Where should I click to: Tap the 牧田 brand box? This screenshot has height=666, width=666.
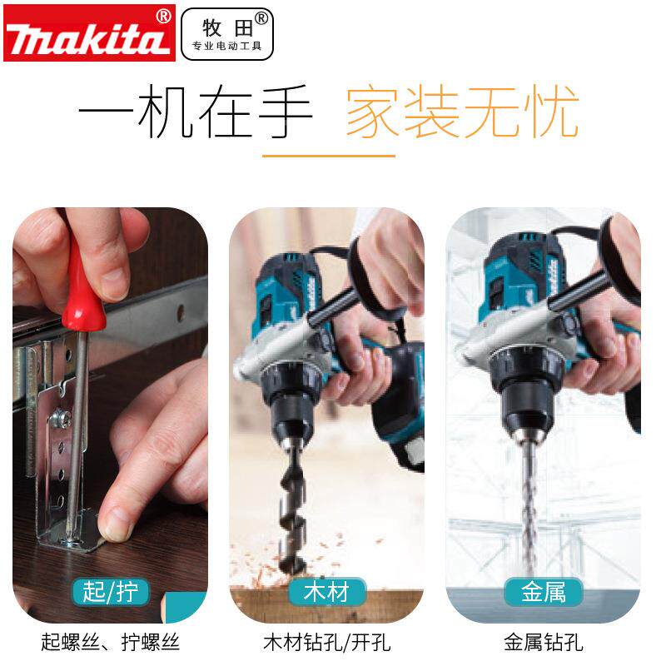coord(226,33)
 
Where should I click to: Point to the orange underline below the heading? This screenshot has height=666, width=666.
coord(328,156)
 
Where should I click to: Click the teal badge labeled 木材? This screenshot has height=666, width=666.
coord(327,592)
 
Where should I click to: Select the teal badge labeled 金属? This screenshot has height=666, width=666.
coord(543,592)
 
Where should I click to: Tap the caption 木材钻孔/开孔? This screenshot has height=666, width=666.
coord(327,642)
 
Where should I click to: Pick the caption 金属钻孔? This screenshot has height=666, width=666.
coord(543,642)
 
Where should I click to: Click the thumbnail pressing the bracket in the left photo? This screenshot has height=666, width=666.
coord(117,522)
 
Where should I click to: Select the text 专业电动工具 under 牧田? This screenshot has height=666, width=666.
coord(226,46)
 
